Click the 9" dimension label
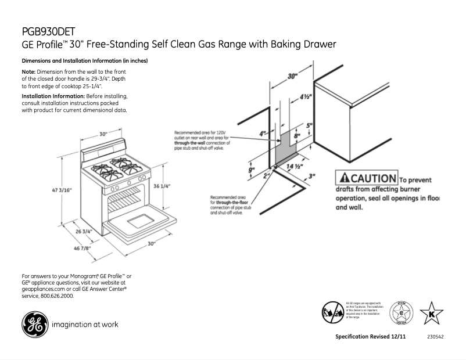point(252,170)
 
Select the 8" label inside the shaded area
point(297,136)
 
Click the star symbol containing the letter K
point(431,314)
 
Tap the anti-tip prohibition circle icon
point(331,312)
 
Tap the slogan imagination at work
point(85,325)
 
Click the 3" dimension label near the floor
point(312,175)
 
